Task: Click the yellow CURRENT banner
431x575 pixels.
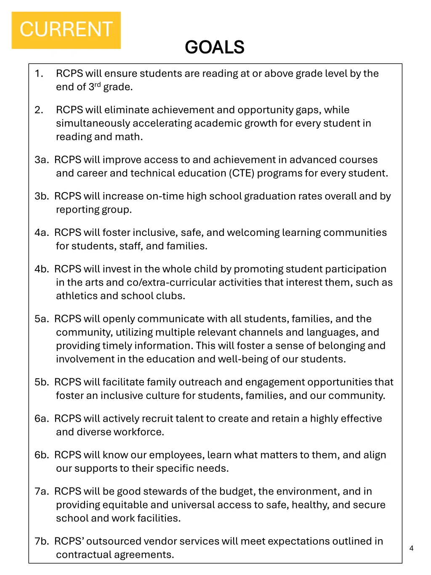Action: click(x=66, y=30)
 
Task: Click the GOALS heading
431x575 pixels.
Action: click(x=215, y=47)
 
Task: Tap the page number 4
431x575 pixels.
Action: click(x=411, y=548)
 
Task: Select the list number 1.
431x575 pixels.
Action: click(x=39, y=73)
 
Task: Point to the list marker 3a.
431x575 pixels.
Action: click(x=41, y=160)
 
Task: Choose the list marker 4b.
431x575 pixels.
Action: click(x=42, y=269)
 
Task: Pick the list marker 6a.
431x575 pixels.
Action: click(x=42, y=418)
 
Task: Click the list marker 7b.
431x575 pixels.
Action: click(x=42, y=541)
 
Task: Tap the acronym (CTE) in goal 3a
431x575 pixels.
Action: click(x=242, y=173)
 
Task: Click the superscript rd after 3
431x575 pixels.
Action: click(x=98, y=85)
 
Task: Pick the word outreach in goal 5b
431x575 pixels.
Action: click(x=200, y=382)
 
